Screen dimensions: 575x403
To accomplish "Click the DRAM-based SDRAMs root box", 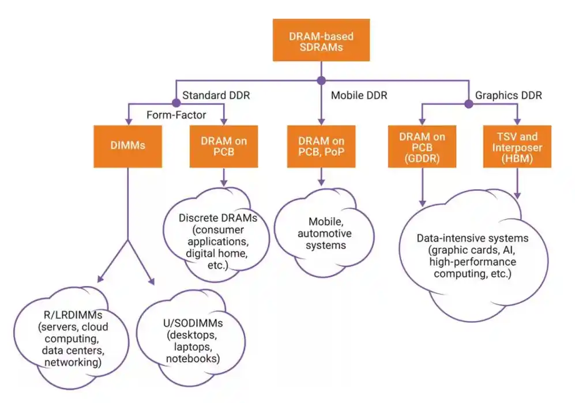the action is (321, 40).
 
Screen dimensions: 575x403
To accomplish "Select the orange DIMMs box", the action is (127, 146).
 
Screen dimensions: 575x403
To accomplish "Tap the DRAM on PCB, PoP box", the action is (321, 146).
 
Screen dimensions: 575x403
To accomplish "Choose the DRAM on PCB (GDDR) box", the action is (422, 146).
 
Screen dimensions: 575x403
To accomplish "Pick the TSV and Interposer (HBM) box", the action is (517, 146).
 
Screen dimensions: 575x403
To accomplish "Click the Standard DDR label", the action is (216, 95).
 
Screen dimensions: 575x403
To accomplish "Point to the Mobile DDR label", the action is (359, 95).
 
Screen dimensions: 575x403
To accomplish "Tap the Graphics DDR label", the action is (508, 95).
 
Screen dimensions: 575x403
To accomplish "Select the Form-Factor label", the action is (176, 115).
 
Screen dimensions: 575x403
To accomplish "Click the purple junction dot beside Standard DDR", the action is (176, 103).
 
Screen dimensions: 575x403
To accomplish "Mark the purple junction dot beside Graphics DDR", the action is (469, 104).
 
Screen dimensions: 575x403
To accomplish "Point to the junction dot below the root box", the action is (321, 81).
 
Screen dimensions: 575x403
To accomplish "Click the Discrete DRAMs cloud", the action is (216, 235).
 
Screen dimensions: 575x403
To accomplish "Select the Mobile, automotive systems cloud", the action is (324, 232).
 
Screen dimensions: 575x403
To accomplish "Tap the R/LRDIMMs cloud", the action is (72, 337).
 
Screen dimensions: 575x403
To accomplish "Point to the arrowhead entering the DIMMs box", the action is (129, 122).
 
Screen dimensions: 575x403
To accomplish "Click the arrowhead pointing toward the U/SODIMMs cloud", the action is (152, 281).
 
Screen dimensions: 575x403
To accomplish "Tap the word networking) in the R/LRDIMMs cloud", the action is (73, 362).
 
